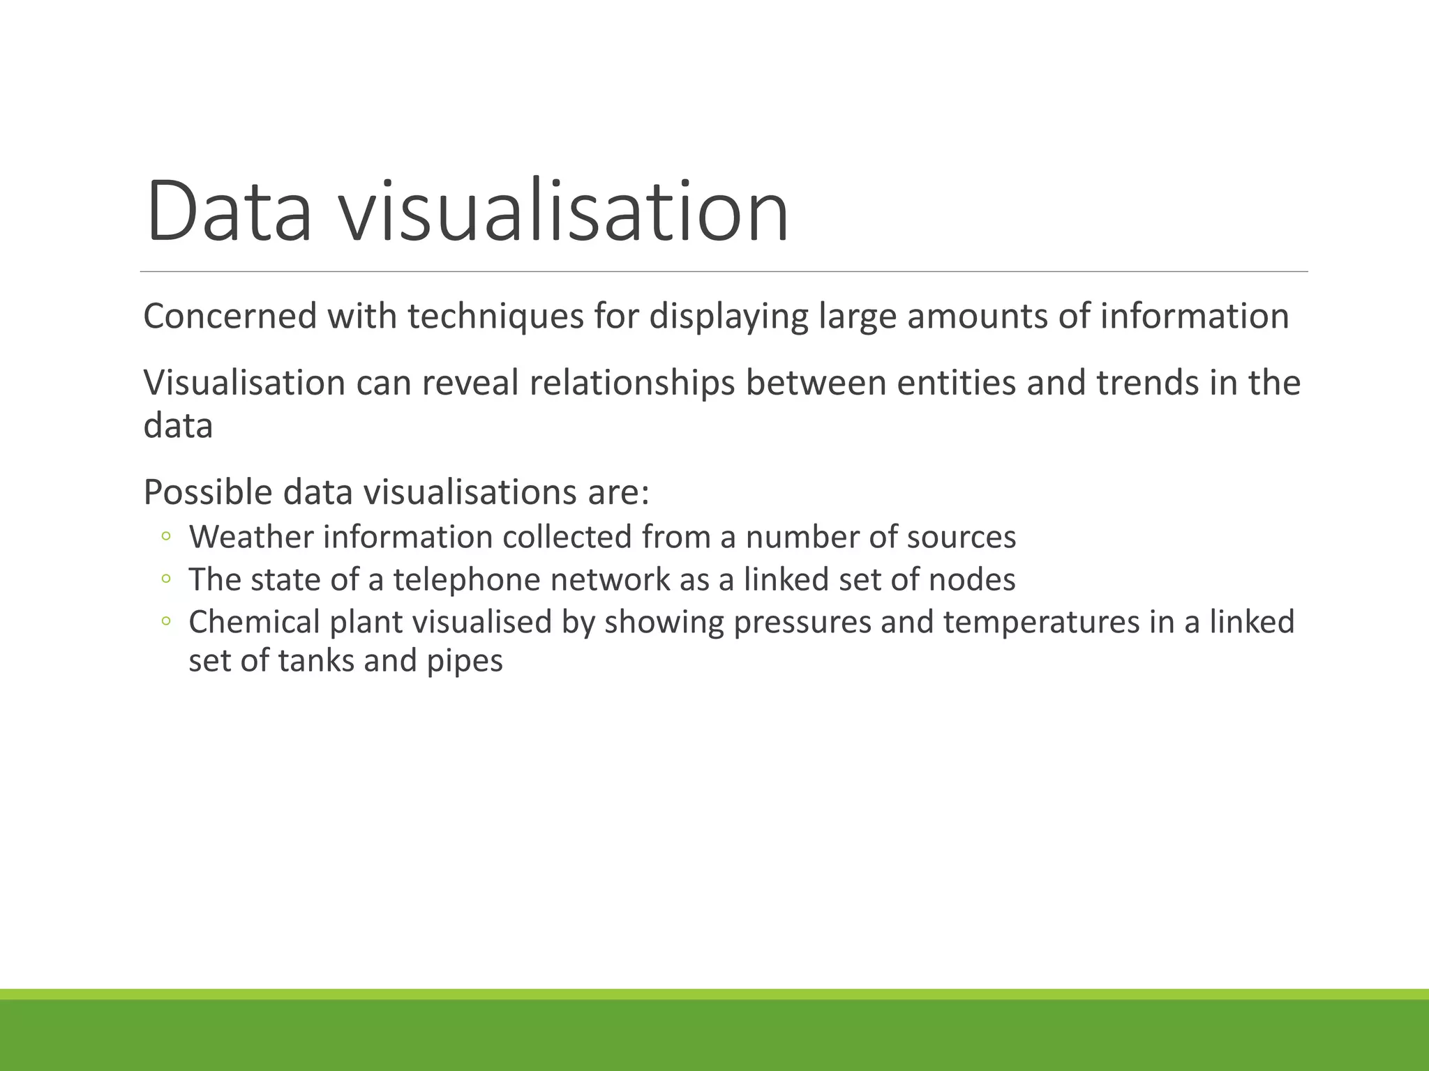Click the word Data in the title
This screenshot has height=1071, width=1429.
228,212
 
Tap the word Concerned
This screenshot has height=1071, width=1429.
230,316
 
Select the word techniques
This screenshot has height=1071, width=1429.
495,317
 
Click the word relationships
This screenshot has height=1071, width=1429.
632,384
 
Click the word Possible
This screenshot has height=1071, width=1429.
207,492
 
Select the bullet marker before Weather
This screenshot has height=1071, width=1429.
166,537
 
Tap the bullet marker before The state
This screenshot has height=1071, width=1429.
166,579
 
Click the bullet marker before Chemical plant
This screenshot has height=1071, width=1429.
166,621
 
